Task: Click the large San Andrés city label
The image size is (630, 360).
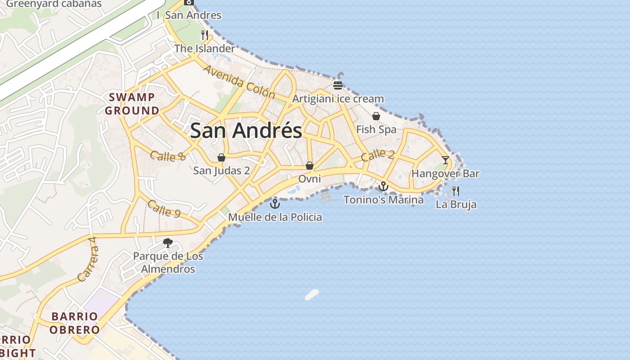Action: click(246, 130)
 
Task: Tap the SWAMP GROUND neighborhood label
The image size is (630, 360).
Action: click(132, 104)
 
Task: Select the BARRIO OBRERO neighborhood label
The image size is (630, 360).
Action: click(74, 323)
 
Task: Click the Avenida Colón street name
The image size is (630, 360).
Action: click(239, 82)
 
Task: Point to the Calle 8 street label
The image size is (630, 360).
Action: click(168, 156)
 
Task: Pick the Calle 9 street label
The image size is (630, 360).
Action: click(164, 209)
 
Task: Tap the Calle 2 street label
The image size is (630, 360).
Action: click(378, 155)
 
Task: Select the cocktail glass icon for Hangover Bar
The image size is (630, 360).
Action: click(445, 160)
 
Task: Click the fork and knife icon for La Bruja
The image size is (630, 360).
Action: click(456, 191)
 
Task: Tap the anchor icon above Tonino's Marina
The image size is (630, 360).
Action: click(383, 186)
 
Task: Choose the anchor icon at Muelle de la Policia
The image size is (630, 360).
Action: click(274, 204)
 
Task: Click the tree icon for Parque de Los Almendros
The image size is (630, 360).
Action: click(168, 243)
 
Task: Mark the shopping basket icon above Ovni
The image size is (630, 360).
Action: click(310, 166)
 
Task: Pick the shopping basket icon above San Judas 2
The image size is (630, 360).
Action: click(221, 157)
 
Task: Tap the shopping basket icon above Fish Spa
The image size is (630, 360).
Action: click(376, 116)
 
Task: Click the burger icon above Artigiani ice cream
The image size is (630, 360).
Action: click(338, 85)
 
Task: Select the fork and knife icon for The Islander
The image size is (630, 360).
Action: click(204, 35)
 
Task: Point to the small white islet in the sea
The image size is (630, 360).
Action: click(312, 294)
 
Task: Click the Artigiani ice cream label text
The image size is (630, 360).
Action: click(338, 99)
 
